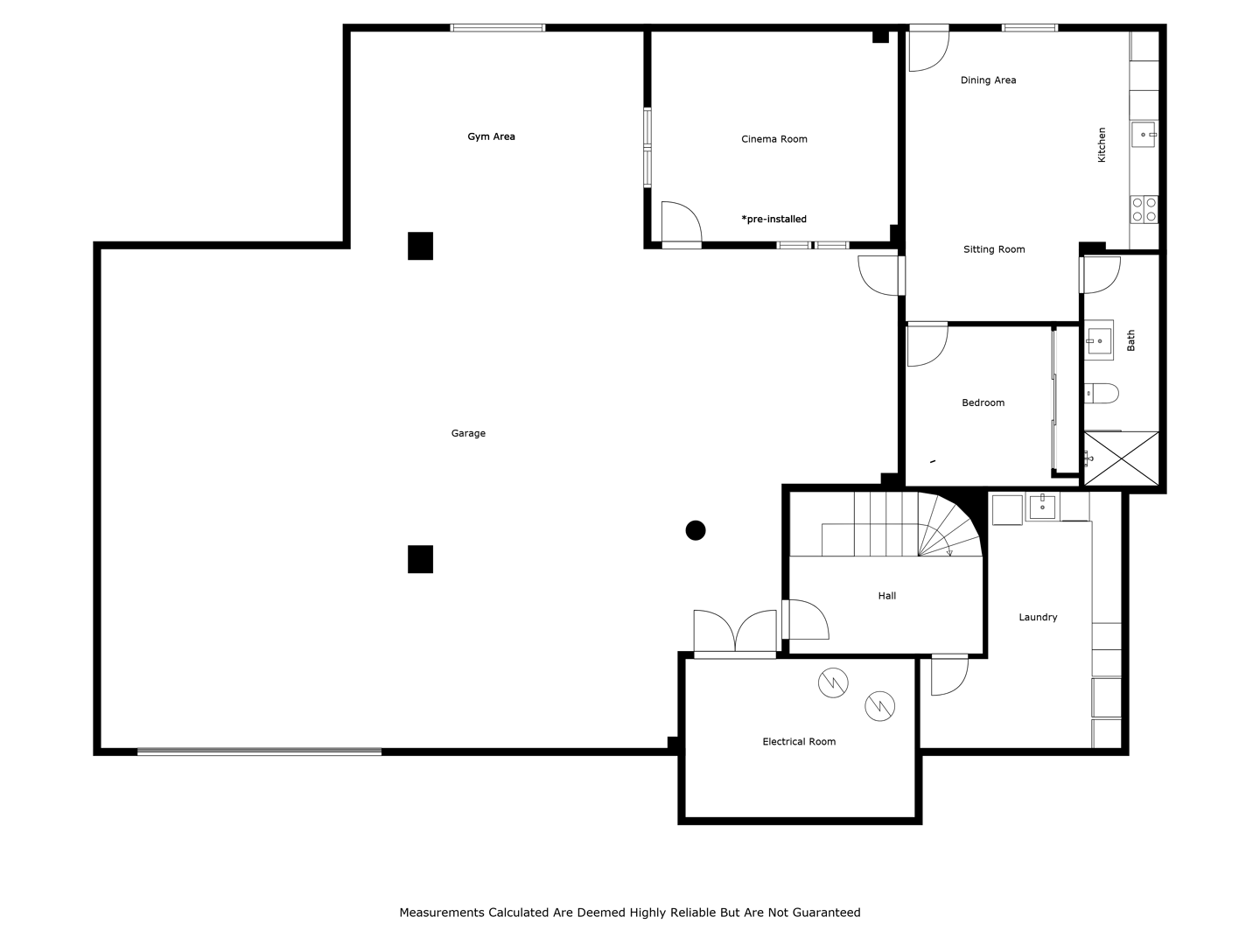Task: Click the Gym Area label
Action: pos(491,136)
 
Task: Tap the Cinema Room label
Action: pos(773,139)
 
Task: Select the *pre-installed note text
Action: pos(773,219)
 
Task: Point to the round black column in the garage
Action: pos(695,530)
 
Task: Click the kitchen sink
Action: pos(1144,134)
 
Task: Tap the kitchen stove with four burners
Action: pos(1144,209)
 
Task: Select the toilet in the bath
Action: pos(1102,394)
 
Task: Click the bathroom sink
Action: pos(1099,340)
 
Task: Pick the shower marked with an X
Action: pos(1121,458)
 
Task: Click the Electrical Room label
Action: pos(799,741)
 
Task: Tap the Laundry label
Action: pos(1038,617)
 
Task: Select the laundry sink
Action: pos(1042,507)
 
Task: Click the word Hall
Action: pos(887,596)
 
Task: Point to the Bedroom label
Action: pos(983,402)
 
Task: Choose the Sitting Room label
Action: pos(994,249)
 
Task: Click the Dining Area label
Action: pos(988,80)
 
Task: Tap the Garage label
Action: pos(468,433)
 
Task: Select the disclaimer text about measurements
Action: pos(630,913)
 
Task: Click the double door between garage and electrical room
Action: pos(735,631)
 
